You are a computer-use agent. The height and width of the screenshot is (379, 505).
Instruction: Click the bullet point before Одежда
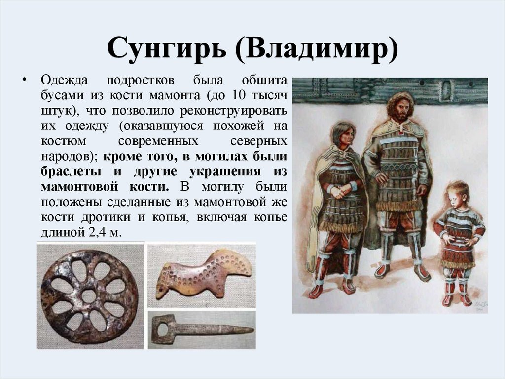23,81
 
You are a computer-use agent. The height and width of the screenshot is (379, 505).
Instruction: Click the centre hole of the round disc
89,296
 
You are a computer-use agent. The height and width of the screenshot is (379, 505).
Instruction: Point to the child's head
457,194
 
